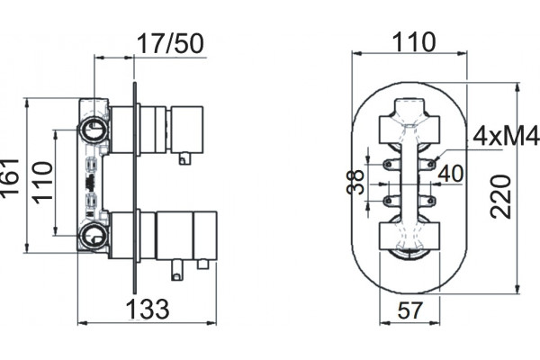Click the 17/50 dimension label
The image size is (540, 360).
170,44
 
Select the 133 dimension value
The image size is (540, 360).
148,309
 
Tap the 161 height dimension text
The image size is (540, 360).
9,178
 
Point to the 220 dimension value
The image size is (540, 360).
500,197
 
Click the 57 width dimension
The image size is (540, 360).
409,310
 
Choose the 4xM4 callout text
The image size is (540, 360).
506,136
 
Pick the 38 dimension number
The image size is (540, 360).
355,182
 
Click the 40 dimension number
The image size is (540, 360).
451,174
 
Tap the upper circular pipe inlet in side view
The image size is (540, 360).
94,130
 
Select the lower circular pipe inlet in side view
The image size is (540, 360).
94,236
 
